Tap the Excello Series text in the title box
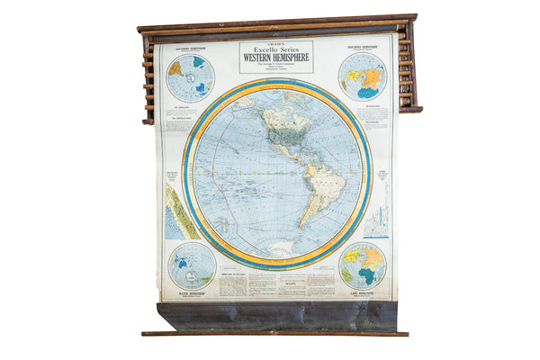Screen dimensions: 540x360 coord(276,49)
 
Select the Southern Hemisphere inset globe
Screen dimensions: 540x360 coord(191,77)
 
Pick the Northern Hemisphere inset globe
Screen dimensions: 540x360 coord(362,76)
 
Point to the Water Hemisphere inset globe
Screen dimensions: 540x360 coord(192,265)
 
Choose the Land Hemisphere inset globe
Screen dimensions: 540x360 coord(363,265)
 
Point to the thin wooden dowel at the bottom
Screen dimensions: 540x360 coord(274,333)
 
